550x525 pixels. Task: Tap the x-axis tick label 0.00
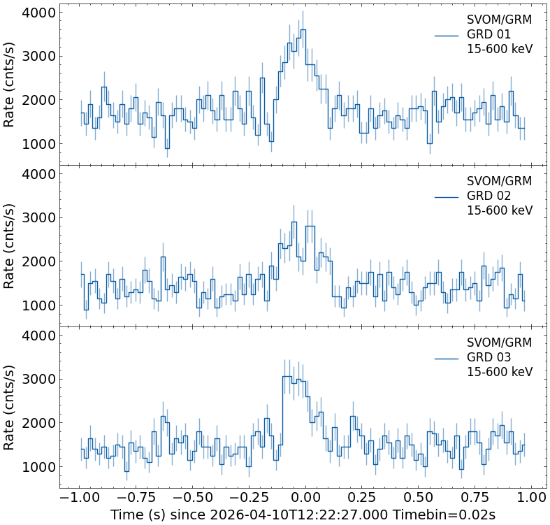(305, 497)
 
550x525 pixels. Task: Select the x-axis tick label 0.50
(418, 497)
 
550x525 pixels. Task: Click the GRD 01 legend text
(489, 34)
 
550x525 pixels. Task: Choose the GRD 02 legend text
(489, 196)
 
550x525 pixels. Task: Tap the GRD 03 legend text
(489, 357)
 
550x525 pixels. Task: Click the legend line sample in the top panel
(446, 35)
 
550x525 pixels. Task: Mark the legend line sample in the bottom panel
(446, 358)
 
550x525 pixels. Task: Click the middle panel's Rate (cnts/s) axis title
(10, 246)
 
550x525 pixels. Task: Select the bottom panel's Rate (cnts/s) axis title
(10, 408)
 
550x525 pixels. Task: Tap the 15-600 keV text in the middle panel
(499, 211)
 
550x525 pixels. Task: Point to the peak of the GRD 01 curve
(303, 30)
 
